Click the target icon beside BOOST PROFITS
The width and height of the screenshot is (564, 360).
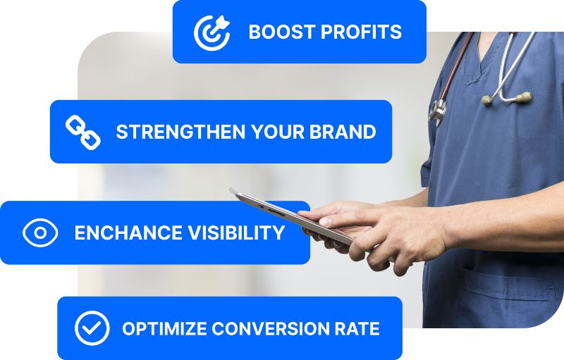(212, 32)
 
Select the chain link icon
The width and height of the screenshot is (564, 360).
(82, 132)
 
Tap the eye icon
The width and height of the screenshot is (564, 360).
(40, 232)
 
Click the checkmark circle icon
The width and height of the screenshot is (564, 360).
(92, 328)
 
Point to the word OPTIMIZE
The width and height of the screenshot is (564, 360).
(164, 328)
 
